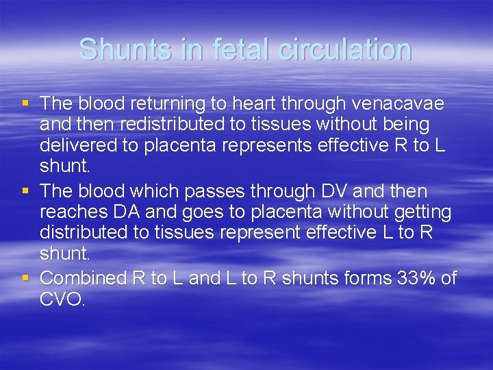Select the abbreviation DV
pos(331,190)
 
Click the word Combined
pos(84,277)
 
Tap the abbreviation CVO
pos(62,299)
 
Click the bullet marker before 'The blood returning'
pos(25,103)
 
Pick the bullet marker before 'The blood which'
pos(25,190)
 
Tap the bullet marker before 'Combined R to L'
pos(25,277)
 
